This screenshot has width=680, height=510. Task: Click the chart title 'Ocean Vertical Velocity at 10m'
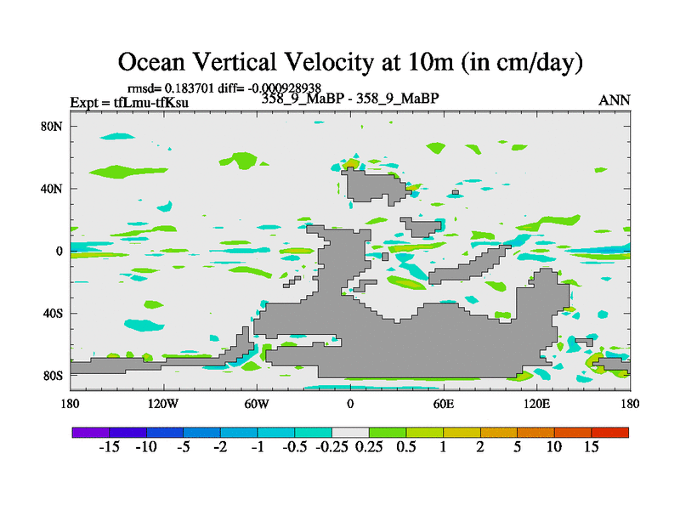(x=349, y=61)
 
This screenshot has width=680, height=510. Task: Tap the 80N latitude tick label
(x=54, y=127)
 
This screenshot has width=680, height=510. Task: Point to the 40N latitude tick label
(x=54, y=189)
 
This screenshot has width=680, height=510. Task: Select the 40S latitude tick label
(x=54, y=314)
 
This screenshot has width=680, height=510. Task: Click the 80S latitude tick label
(x=54, y=376)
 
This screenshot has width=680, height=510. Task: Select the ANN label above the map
(x=615, y=100)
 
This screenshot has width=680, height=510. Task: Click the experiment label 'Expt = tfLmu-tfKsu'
(x=129, y=103)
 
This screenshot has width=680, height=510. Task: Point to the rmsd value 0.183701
(x=193, y=88)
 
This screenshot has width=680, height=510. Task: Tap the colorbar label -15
(x=108, y=447)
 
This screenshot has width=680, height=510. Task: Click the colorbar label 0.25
(x=368, y=447)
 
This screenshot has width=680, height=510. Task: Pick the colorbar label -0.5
(x=293, y=447)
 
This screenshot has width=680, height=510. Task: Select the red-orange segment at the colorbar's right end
(x=610, y=432)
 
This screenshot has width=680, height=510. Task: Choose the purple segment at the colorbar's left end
(x=90, y=432)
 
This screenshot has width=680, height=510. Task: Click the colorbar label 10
(x=554, y=447)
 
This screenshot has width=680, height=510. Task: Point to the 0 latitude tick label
(x=60, y=252)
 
